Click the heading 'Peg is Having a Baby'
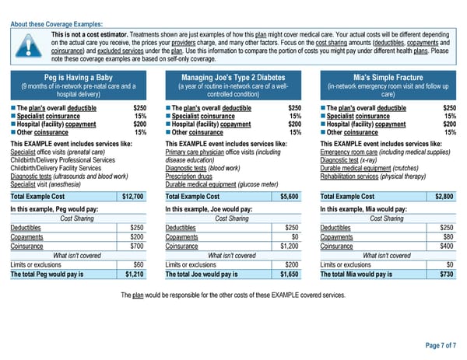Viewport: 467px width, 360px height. click(x=79, y=78)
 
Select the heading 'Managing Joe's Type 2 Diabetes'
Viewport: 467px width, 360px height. click(x=233, y=78)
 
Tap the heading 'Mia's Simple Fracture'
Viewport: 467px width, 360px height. click(x=387, y=78)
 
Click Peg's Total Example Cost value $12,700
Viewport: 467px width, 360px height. click(x=132, y=196)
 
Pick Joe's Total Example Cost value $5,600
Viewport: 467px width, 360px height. click(x=289, y=196)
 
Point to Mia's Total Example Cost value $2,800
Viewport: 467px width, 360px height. click(x=444, y=196)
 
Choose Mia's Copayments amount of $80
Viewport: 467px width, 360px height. click(x=448, y=236)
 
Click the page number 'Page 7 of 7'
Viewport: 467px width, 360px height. click(x=441, y=344)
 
